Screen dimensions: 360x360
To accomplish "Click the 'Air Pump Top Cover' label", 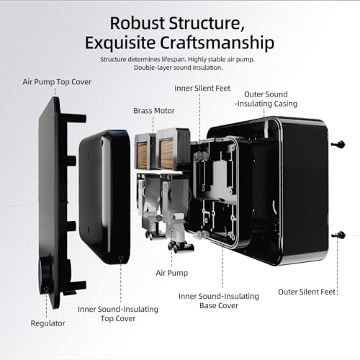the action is pos(57,82).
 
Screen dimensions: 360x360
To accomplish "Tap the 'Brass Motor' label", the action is pos(154,111).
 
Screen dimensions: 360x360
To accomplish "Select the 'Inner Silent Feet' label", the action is pos(202,89).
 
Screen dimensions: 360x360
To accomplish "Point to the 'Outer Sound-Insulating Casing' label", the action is pos(266,99).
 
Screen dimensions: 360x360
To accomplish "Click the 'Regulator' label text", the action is pos(48,323).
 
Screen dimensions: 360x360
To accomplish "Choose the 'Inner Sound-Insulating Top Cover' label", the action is pos(118,314).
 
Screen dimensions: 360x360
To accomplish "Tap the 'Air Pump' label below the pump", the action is pos(171,273).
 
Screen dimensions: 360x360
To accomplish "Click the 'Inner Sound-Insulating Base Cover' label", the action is pos(219,301).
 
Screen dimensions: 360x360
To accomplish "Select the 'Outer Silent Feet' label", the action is pos(307,292).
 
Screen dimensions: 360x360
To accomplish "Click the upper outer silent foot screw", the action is pos(338,144).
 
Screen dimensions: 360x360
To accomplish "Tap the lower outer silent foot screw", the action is pos(339,235).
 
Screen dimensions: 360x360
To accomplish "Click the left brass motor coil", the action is pos(142,156).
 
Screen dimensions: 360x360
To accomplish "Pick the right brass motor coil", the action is pos(166,154).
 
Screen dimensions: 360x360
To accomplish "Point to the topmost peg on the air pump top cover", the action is pos(76,118).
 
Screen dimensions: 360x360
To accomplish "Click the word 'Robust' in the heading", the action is pos(138,23).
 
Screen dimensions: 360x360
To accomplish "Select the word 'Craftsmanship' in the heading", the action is pos(217,43).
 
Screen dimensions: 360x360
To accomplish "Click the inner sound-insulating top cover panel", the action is pos(104,197).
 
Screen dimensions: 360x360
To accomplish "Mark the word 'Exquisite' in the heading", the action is pos(120,43).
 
